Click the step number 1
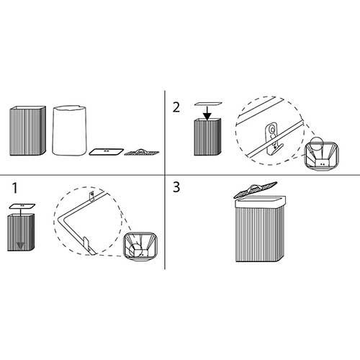pyautogui.click(x=15, y=188)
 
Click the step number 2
pyautogui.click(x=176, y=107)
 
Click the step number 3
pyautogui.click(x=176, y=187)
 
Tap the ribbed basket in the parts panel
pyautogui.click(x=27, y=131)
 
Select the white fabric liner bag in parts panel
pyautogui.click(x=69, y=130)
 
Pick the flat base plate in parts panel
pyautogui.click(x=107, y=152)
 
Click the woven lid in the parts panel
pyautogui.click(x=142, y=152)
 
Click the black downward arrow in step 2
pyautogui.click(x=207, y=113)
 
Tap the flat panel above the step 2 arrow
pyautogui.click(x=208, y=104)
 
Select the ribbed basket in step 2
pyautogui.click(x=207, y=137)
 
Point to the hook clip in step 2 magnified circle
pyautogui.click(x=273, y=138)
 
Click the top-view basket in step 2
pyautogui.click(x=321, y=156)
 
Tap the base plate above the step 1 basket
pyautogui.click(x=22, y=206)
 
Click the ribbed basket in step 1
pyautogui.click(x=21, y=233)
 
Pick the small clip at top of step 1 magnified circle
pyautogui.click(x=91, y=195)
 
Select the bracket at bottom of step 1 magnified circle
pyautogui.click(x=89, y=246)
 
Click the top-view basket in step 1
pyautogui.click(x=140, y=246)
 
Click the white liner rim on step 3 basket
pyautogui.click(x=261, y=202)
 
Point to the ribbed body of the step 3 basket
pyautogui.click(x=260, y=235)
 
